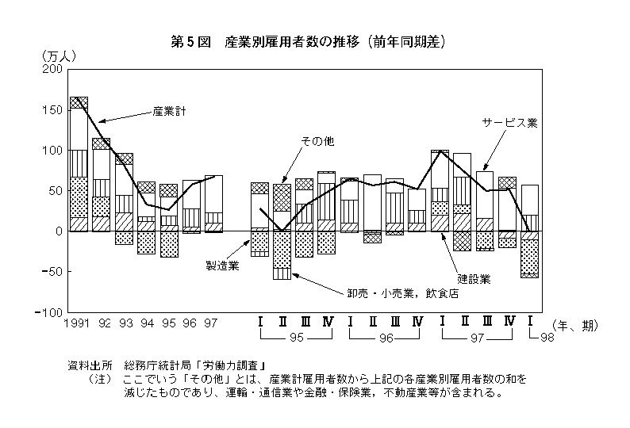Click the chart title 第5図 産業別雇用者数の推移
coord(265,42)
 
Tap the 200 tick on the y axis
coord(52,69)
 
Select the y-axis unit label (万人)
coord(59,55)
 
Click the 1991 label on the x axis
coord(77,323)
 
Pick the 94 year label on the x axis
coord(148,323)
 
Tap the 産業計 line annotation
coord(169,111)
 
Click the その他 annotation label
coord(317,141)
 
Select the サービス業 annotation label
coord(510,123)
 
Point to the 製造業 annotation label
coord(222,266)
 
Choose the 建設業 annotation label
coord(474,279)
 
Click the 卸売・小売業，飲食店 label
coord(403,293)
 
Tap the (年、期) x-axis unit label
coord(575,325)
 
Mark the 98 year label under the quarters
coord(547,338)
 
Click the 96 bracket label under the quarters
coord(386,338)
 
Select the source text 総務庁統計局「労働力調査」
coord(194,365)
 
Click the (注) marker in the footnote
coord(100,379)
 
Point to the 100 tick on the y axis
coord(52,150)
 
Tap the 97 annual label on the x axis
coord(211,323)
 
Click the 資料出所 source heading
coord(90,365)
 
